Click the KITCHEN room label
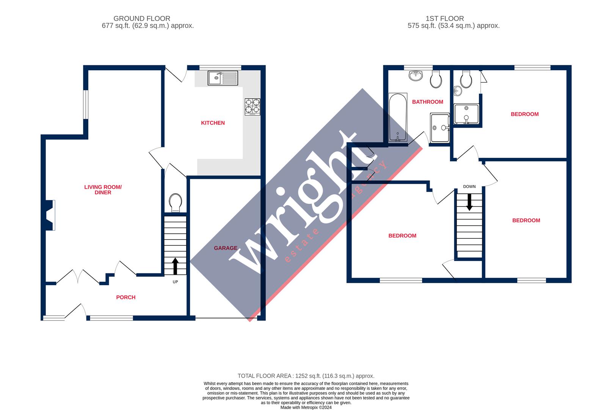pos(213,123)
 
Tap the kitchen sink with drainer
pos(223,78)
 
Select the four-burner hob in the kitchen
pos(253,106)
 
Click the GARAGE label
pos(226,248)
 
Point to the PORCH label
pos(126,297)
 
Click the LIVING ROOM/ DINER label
pos(103,189)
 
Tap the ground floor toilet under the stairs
pos(176,202)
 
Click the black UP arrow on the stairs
pos(175,266)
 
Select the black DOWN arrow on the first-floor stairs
pos(469,202)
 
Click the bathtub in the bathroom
pos(398,117)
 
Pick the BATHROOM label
pos(427,102)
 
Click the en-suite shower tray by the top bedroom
pos(466,114)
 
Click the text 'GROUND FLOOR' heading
pos(142,18)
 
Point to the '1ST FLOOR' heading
pos(444,18)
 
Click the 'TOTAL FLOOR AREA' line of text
pos(306,376)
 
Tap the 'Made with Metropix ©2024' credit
pos(306,407)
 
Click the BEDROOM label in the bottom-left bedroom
pos(402,235)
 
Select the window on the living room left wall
pos(86,104)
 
